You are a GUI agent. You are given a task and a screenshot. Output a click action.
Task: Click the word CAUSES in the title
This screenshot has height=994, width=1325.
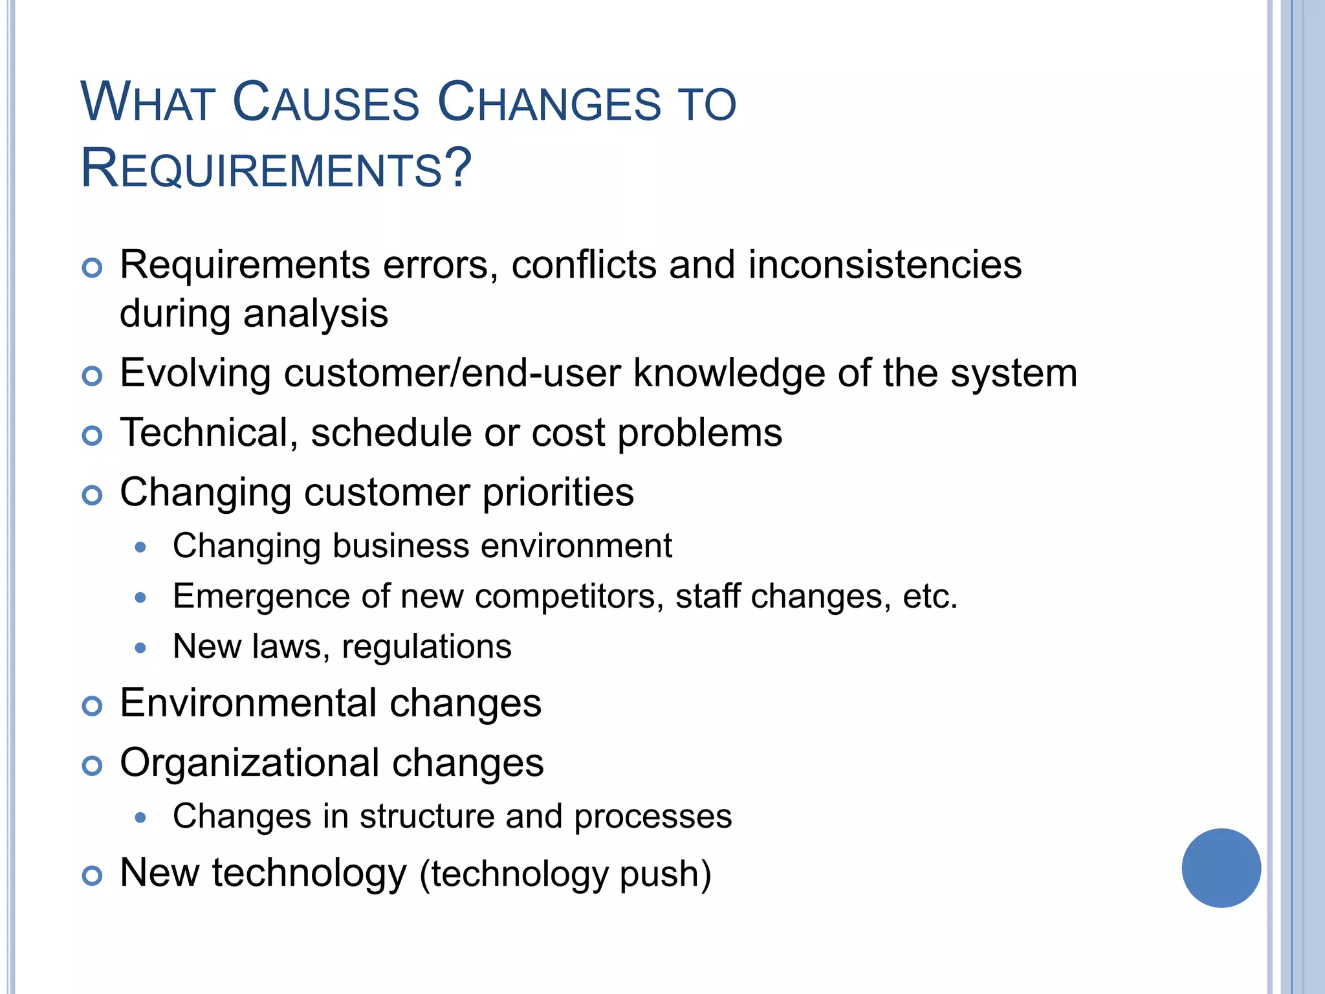coord(325,103)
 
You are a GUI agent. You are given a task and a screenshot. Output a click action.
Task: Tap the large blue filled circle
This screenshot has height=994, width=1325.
coord(1221,868)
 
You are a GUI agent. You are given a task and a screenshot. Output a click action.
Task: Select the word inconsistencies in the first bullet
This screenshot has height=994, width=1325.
coord(885,265)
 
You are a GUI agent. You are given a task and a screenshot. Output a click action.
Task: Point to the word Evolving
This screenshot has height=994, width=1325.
coord(195,374)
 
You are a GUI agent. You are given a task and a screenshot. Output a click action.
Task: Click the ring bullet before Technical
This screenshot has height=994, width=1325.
coord(93,436)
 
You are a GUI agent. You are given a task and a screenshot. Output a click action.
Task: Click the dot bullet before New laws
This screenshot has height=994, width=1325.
coord(140,647)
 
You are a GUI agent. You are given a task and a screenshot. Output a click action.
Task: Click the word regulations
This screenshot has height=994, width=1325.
coord(426,646)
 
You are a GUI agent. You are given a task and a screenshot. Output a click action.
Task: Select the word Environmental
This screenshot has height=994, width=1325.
coord(248,703)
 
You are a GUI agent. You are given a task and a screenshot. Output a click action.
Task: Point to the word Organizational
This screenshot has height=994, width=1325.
coord(249,763)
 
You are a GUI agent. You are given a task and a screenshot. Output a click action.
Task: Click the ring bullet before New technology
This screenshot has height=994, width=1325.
coord(93,876)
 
